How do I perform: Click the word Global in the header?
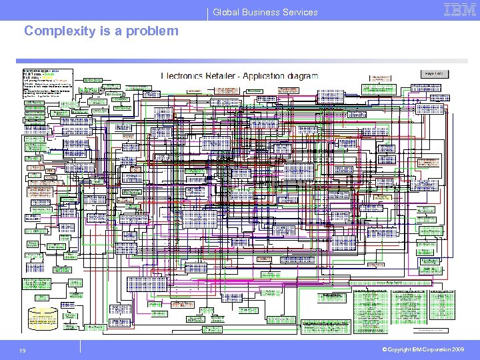tap(227, 12)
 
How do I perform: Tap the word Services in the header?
tap(301, 12)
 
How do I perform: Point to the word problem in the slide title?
tap(155, 31)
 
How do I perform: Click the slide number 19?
tap(23, 351)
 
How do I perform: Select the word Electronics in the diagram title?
tap(185, 75)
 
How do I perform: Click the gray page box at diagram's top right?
tap(433, 73)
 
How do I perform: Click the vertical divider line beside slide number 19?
tap(81, 345)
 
